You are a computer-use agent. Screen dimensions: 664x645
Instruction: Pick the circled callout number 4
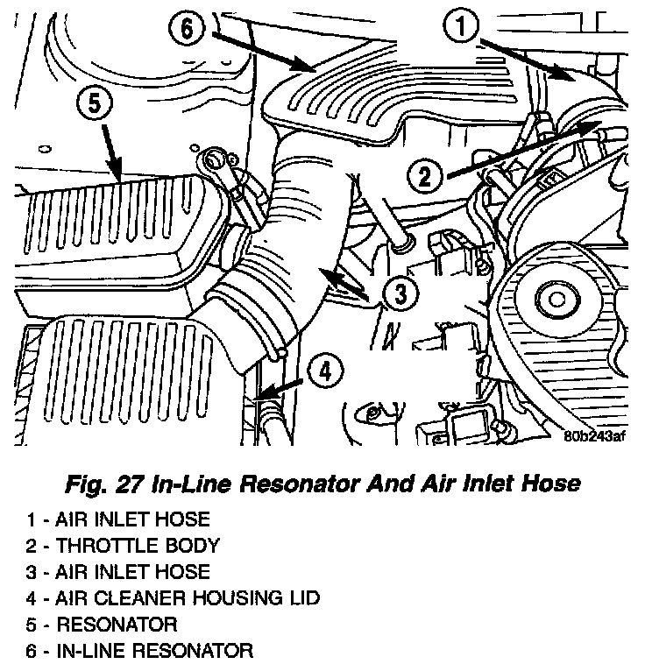[x=325, y=372]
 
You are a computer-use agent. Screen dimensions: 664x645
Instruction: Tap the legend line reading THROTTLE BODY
[x=123, y=546]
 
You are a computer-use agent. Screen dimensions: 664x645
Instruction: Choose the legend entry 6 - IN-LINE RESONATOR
[x=139, y=651]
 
